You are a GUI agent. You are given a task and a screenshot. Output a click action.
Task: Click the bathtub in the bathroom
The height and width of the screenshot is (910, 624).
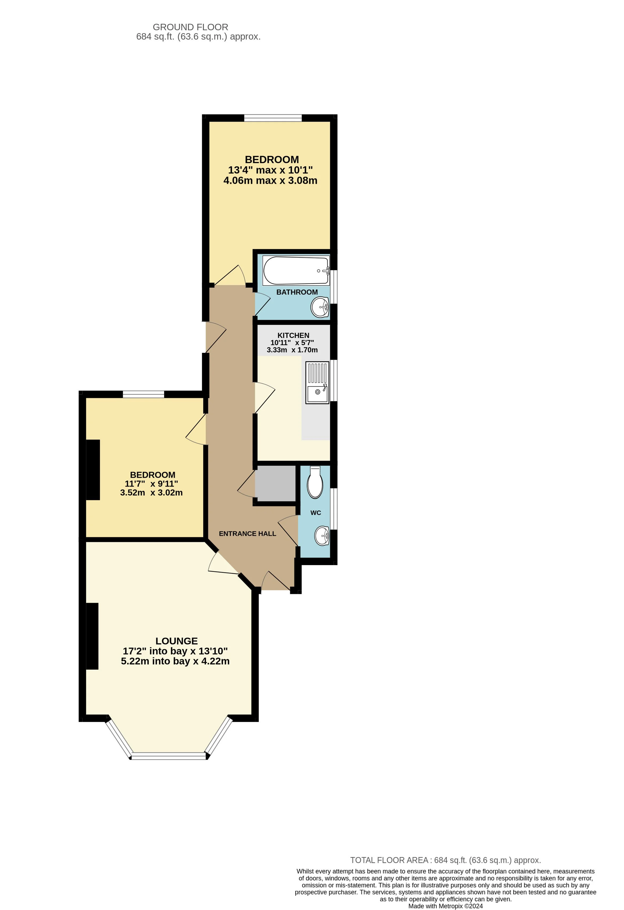tap(296, 271)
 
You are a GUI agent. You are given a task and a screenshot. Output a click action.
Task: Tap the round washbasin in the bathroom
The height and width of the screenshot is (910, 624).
tap(320, 307)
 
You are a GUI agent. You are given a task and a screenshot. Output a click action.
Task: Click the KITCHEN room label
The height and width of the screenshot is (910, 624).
tap(293, 335)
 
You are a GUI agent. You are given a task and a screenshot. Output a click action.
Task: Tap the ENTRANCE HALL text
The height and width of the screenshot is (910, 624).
tap(247, 533)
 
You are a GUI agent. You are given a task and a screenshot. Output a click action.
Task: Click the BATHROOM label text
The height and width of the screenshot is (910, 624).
tap(297, 292)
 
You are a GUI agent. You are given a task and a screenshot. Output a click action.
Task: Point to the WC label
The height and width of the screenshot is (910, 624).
tap(315, 512)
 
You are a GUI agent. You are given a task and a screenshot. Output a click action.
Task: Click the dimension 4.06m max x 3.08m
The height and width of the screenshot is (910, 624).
tap(270, 180)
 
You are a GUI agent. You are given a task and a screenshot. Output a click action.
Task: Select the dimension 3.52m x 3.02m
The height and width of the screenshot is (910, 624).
tap(151, 493)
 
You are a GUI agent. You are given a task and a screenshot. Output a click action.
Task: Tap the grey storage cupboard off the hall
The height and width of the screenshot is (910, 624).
tap(275, 483)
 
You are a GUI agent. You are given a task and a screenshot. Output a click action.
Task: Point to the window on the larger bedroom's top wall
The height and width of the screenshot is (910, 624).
tap(273, 117)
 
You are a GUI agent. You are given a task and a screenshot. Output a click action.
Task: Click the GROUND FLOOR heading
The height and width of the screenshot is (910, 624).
tap(190, 27)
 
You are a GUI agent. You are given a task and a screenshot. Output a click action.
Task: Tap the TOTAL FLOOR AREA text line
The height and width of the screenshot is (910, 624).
tap(445, 860)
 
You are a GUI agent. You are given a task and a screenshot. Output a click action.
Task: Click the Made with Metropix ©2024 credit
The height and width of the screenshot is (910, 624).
tap(445, 906)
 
